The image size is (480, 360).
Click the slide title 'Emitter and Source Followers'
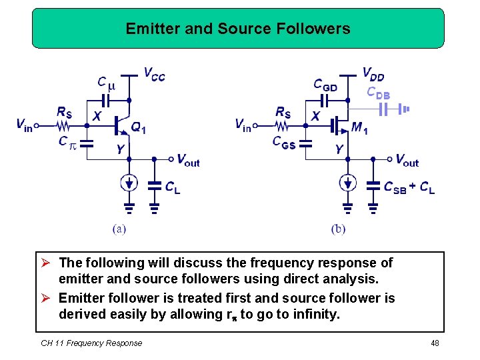(x=238, y=29)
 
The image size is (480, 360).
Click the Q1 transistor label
(x=138, y=128)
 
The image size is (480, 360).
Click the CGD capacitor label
(x=325, y=85)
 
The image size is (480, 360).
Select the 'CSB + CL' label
(x=409, y=188)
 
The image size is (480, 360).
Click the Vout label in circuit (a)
(x=188, y=160)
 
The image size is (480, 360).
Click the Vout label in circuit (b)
(x=407, y=160)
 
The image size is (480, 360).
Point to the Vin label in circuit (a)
(x=24, y=124)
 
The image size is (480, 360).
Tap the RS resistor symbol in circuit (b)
(x=283, y=125)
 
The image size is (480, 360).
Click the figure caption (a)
(x=119, y=229)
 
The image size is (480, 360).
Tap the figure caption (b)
(x=338, y=229)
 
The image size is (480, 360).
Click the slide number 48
(x=435, y=343)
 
